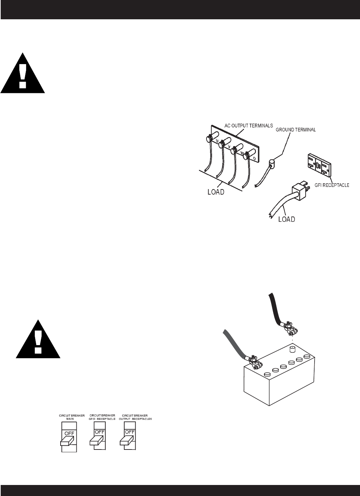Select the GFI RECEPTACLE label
click(332, 185)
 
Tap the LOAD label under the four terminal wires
click(216, 192)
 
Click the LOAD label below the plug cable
click(286, 219)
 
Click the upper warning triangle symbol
click(23, 74)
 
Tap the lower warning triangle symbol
click(38, 340)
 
